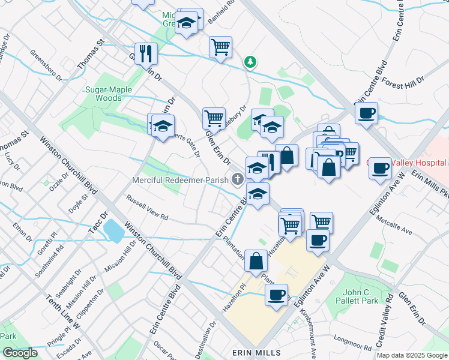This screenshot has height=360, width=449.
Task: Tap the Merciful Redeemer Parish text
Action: coord(179,181)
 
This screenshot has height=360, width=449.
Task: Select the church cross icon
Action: coord(238,179)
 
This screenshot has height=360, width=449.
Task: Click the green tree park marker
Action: coord(250,62)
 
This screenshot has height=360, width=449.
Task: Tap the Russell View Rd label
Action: coord(146,207)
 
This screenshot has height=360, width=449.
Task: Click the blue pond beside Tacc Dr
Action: coord(112,229)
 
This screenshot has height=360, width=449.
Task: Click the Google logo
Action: coord(20,353)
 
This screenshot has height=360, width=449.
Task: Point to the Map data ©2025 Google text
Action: coord(411,355)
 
